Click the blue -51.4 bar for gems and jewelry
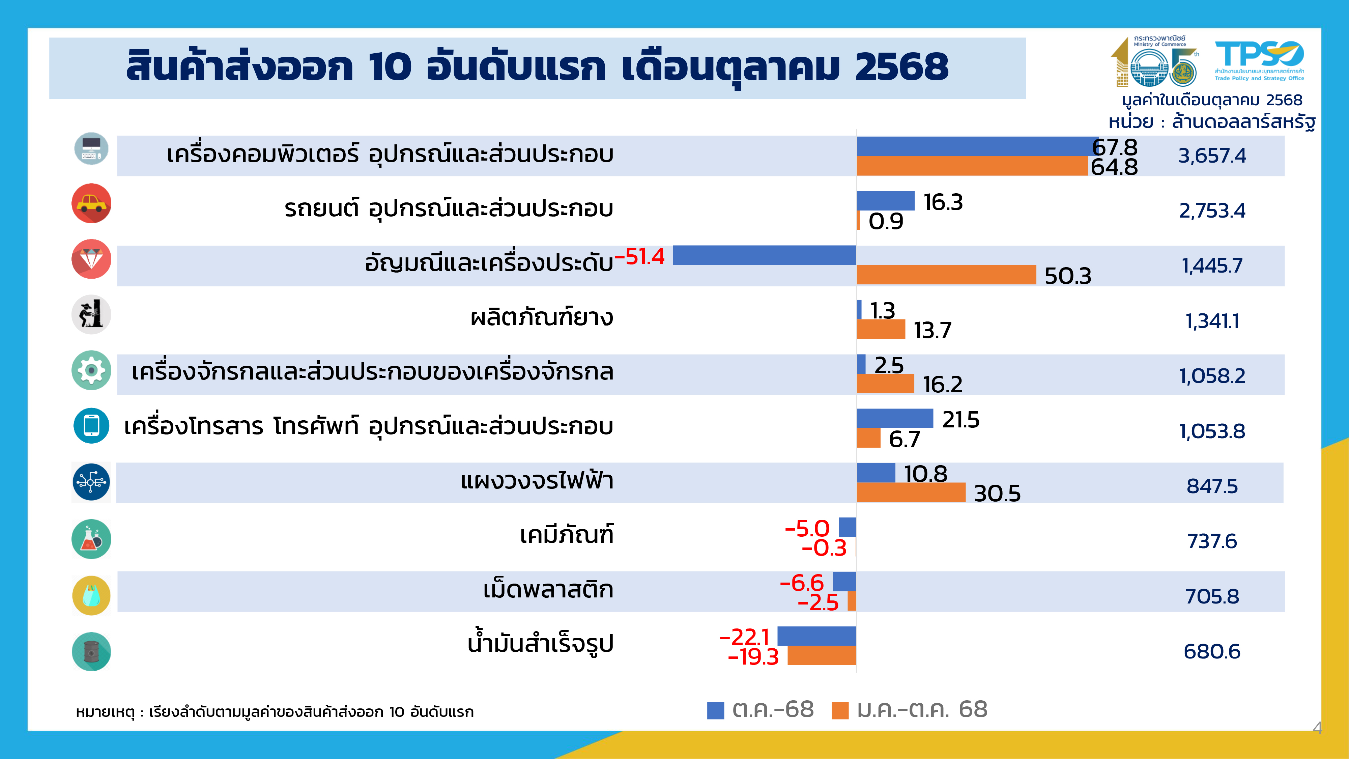[764, 255]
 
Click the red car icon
[91, 203]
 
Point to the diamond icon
[91, 259]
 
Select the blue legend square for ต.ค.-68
[715, 710]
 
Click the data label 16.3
[943, 202]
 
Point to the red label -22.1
[744, 637]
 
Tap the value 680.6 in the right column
[1212, 652]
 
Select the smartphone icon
[91, 425]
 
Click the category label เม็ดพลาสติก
[548, 590]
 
